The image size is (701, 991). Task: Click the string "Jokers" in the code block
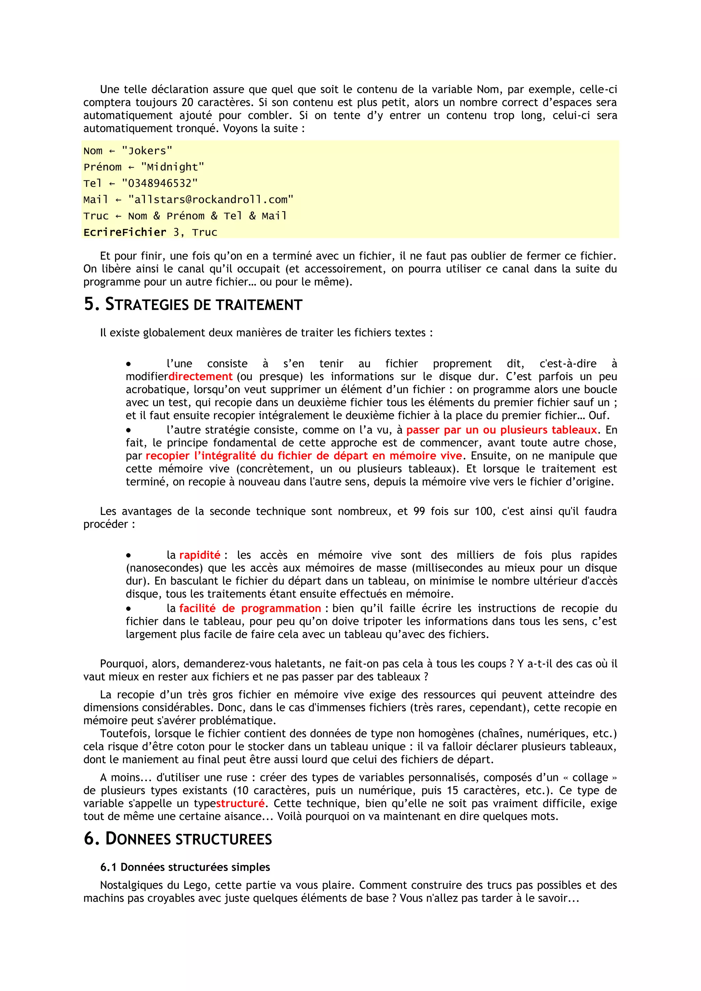coord(147,151)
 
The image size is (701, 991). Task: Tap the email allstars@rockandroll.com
coord(211,200)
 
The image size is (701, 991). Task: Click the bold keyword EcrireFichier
coord(125,232)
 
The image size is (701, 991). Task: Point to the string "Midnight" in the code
coord(172,167)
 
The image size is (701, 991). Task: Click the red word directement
coord(200,376)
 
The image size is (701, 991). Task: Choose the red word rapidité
coord(200,555)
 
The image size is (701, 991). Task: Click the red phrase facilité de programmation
coord(250,608)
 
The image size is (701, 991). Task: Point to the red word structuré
coord(240,804)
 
